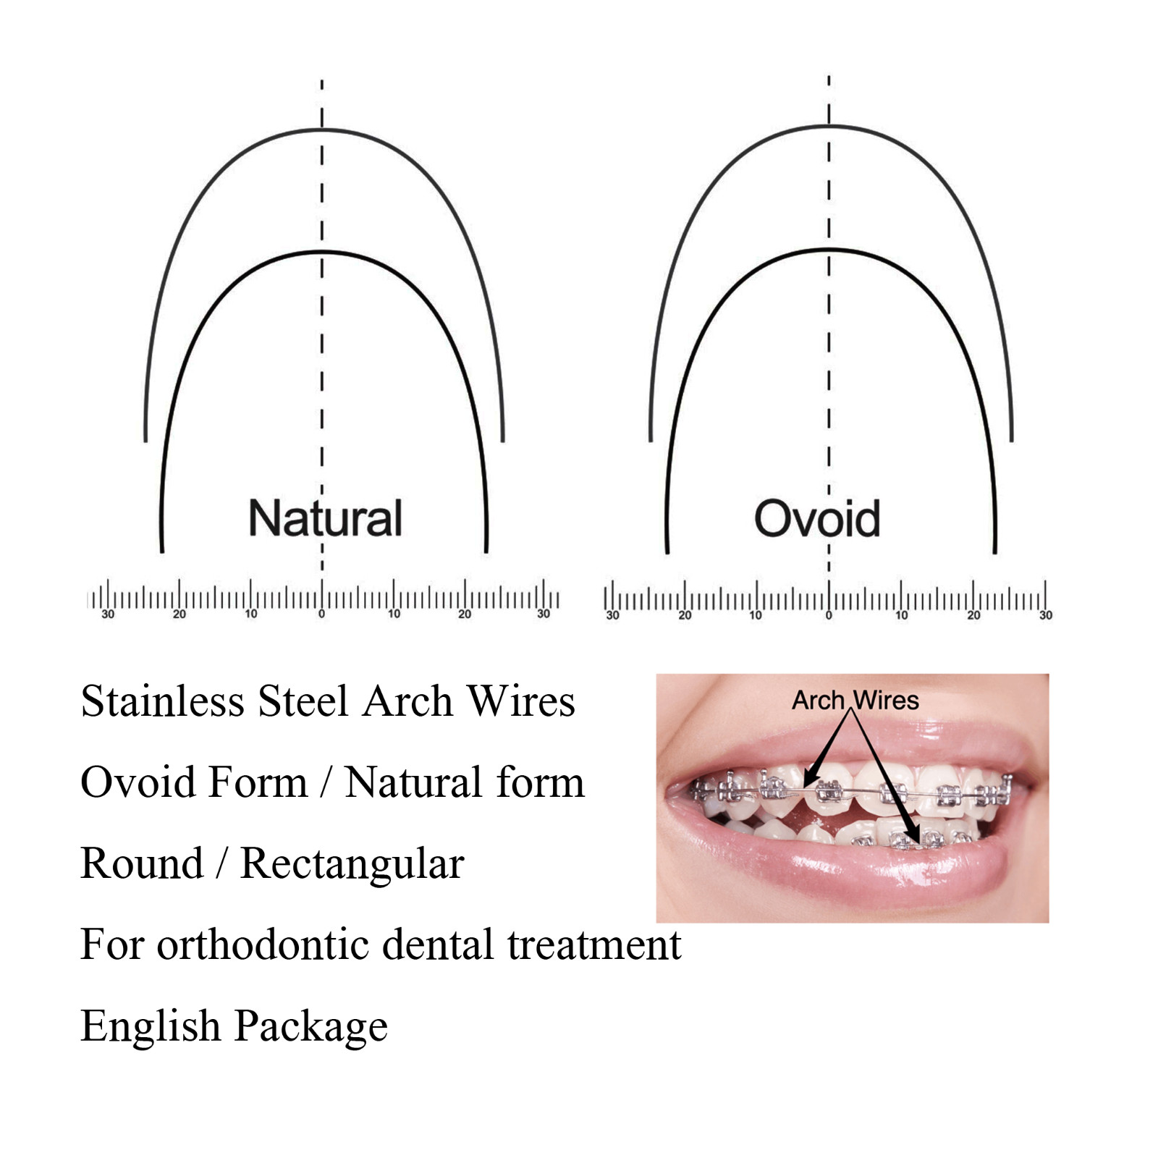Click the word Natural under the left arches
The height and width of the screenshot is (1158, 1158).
325,518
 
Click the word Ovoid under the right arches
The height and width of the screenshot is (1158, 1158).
817,518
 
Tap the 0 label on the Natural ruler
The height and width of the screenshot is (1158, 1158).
322,614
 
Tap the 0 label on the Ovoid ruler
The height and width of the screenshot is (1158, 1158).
829,616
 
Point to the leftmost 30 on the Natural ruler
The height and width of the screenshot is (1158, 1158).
108,614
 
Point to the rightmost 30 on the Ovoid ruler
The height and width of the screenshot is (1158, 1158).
1046,616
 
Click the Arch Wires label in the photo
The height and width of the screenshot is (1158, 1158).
855,701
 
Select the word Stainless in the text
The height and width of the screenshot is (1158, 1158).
163,701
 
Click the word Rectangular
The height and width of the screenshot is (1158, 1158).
352,863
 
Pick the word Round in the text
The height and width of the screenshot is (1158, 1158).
142,863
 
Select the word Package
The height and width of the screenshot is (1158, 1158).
311,1027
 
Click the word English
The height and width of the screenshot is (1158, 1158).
151,1027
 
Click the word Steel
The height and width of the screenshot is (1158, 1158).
303,701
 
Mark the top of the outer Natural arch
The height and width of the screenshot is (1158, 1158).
322,130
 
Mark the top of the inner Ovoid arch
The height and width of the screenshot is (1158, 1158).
829,250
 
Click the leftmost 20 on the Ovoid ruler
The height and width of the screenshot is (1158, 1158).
685,616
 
